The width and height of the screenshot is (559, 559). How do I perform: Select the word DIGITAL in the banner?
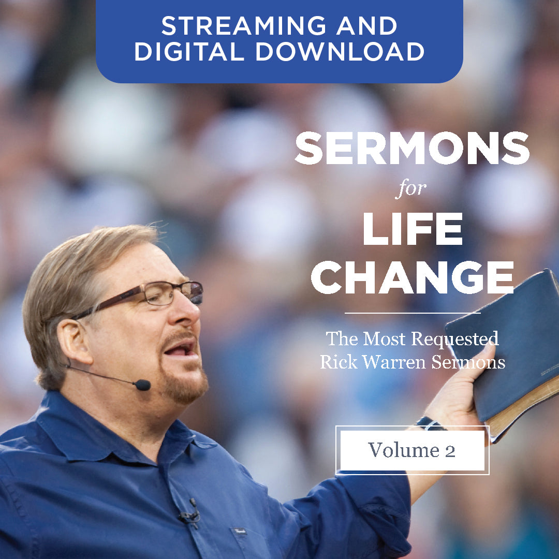189,51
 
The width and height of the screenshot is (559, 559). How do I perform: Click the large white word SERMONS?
412,148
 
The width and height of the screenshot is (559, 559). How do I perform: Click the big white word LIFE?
413,229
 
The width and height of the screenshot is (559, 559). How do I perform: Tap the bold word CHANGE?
412,277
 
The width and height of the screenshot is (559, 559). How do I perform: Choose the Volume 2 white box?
412,450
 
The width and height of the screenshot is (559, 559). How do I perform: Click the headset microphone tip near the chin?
142,385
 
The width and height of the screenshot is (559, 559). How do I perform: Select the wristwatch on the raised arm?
429,423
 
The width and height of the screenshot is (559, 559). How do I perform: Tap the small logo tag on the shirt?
239,532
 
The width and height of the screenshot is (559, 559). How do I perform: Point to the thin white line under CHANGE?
413,313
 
